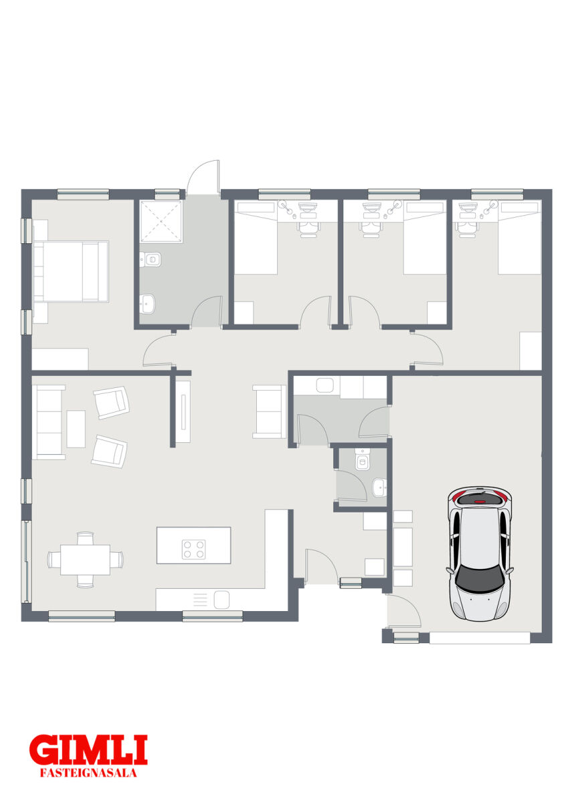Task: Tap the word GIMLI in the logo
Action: point(88,752)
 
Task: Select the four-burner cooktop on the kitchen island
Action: point(193,549)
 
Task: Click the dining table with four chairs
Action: point(85,560)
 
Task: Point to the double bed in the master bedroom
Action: point(71,271)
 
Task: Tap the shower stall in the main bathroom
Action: point(161,221)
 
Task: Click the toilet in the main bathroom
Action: point(151,259)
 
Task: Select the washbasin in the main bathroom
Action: point(147,304)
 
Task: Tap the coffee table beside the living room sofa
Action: point(76,429)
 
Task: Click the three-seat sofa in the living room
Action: point(49,422)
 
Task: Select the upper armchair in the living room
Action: point(112,403)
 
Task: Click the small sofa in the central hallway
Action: point(269,411)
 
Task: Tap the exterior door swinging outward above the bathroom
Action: point(203,178)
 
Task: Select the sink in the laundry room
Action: point(325,385)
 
